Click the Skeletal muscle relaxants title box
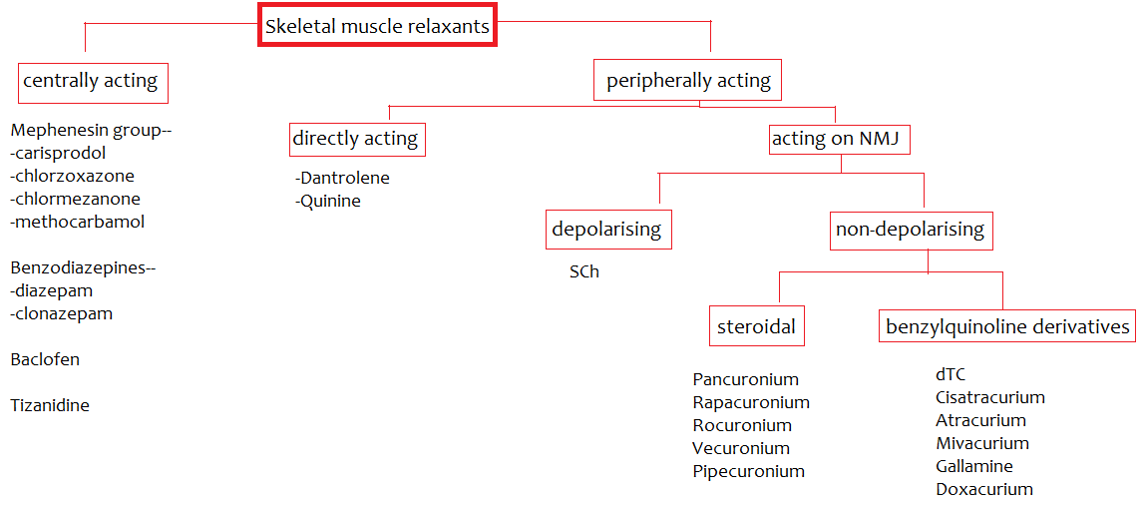coord(378,27)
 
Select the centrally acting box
coord(93,82)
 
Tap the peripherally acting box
coord(688,81)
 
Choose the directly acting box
coord(355,139)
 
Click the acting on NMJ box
coord(836,139)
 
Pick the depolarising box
coord(607,230)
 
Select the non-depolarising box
coord(910,230)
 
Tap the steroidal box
coord(757,325)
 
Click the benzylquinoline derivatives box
coord(1007,325)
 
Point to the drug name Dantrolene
coord(345,178)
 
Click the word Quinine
coord(330,201)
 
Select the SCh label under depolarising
coord(584,271)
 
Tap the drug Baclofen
coord(45,359)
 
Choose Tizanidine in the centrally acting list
coord(50,405)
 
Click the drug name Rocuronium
coord(741,425)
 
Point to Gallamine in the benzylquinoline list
coord(973,466)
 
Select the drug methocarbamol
coord(79,222)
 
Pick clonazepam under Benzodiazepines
coord(63,313)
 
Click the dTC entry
coord(951,374)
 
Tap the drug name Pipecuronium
coord(748,471)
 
